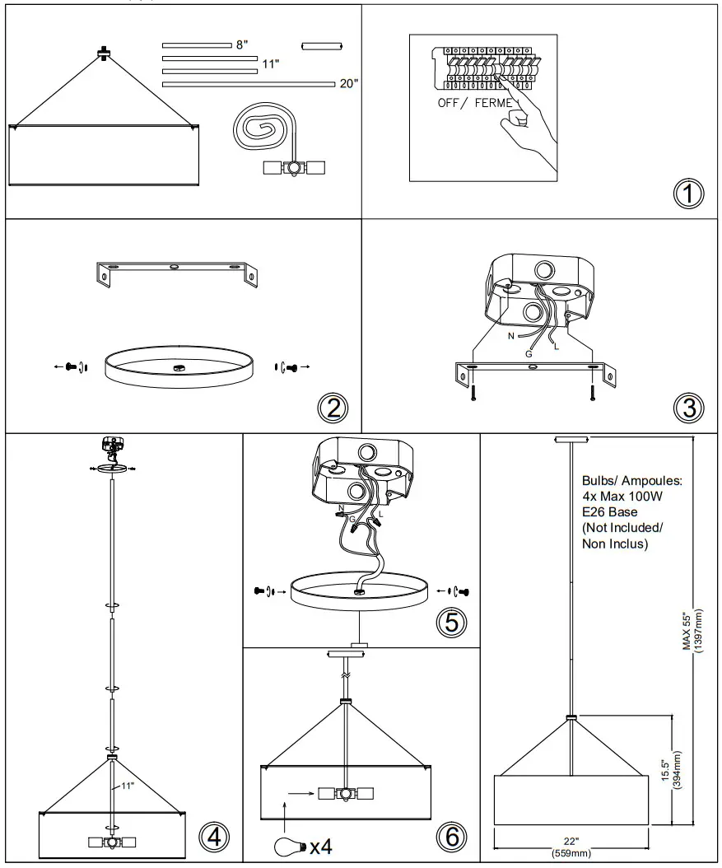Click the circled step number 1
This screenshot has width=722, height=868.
(689, 194)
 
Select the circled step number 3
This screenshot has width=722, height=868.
(689, 406)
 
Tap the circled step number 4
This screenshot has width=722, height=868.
(213, 838)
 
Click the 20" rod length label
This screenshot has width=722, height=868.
(348, 83)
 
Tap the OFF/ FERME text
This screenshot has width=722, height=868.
(476, 104)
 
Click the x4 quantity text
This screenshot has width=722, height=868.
(321, 846)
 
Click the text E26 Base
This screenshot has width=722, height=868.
(610, 511)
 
